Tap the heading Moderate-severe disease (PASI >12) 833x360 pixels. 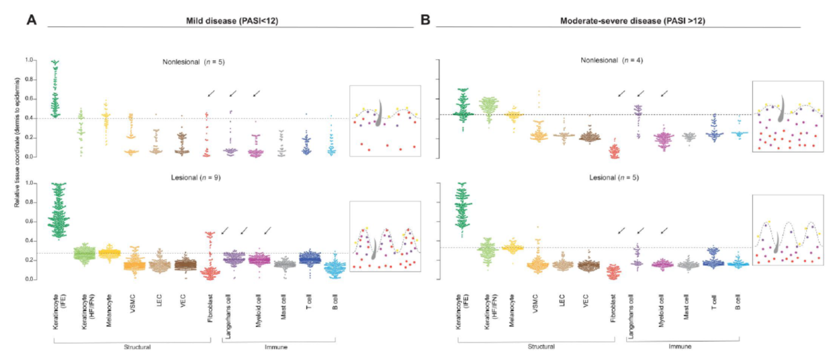click(x=619, y=20)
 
